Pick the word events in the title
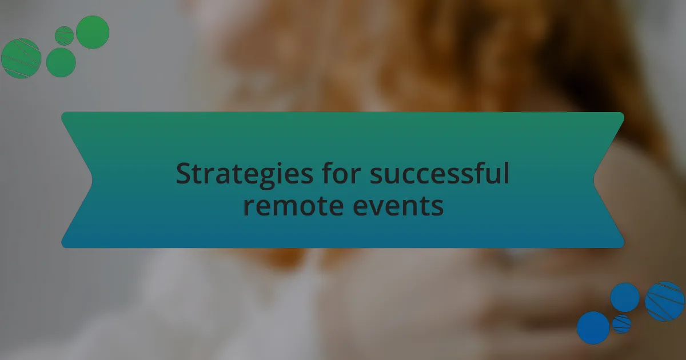[398, 205]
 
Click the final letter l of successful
[505, 173]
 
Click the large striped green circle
[21, 58]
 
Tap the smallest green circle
[64, 36]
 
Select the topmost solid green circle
[93, 32]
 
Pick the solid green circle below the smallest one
[61, 62]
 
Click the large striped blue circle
[664, 301]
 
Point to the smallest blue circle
[621, 324]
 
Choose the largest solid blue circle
[593, 327]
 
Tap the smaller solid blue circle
[624, 297]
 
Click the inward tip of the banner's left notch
[92, 180]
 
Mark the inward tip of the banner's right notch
[594, 180]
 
